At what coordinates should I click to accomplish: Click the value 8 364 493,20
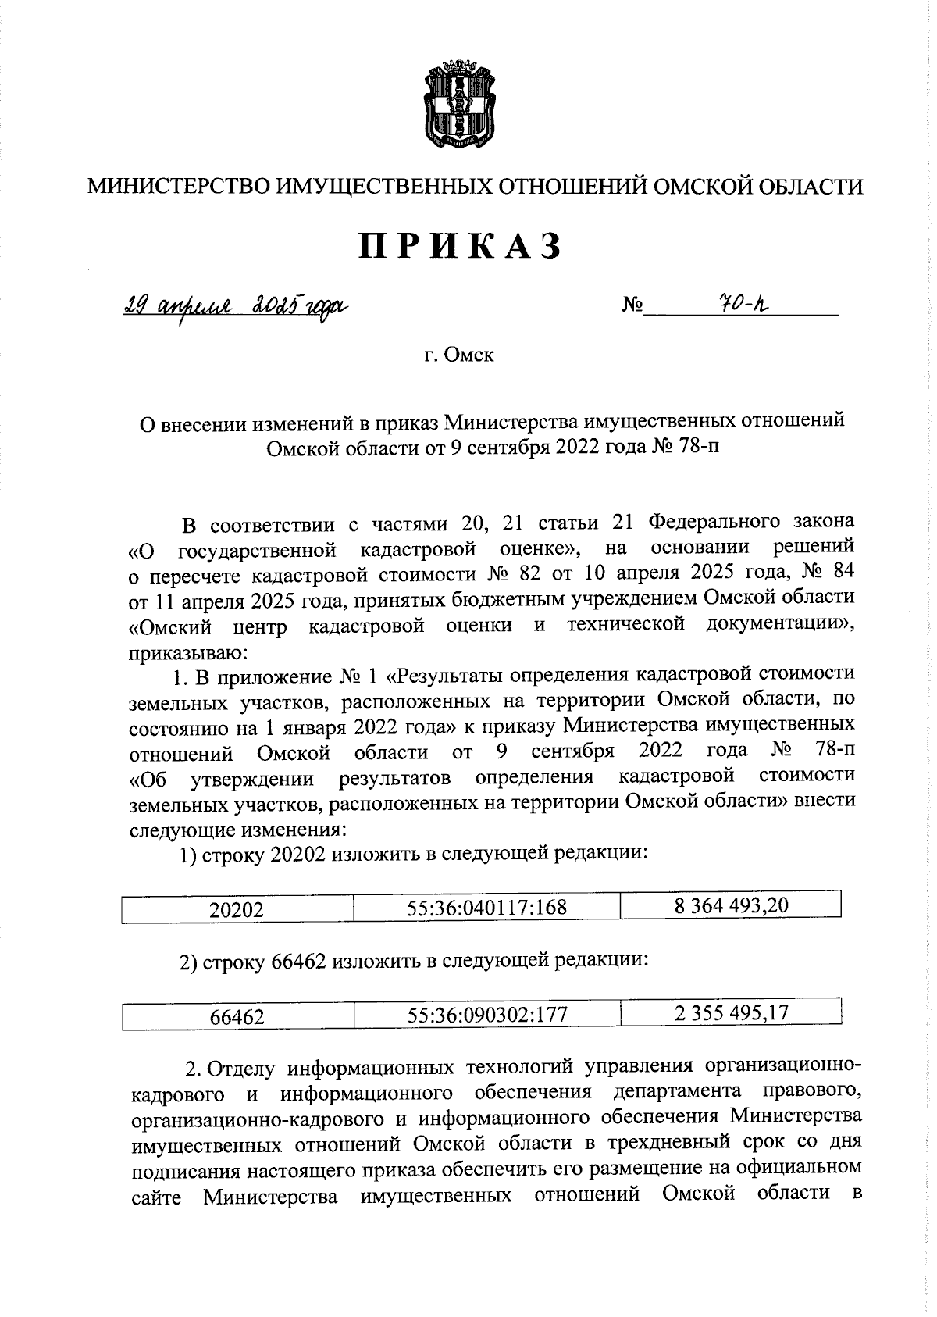[x=731, y=905]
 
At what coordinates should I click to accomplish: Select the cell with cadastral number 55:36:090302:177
[x=486, y=1015]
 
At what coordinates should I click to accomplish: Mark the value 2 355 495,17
[x=731, y=1012]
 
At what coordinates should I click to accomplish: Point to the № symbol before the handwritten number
[x=632, y=305]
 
